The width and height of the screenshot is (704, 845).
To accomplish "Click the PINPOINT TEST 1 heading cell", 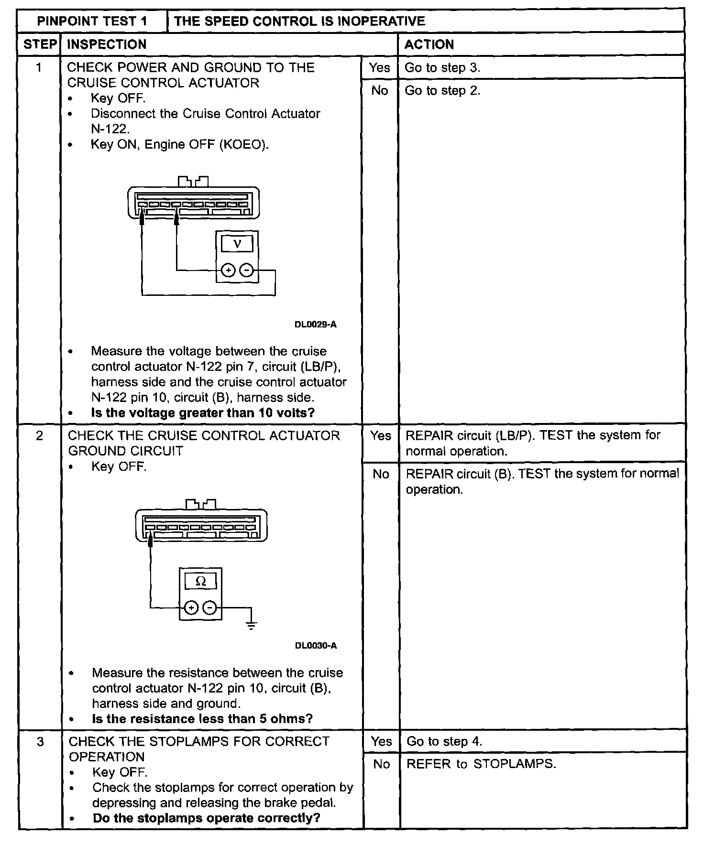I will pos(92,21).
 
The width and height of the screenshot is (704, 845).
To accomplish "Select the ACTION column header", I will pos(429,44).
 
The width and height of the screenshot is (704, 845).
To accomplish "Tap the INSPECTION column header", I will pos(107,44).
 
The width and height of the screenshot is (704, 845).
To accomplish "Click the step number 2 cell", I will pos(39,435).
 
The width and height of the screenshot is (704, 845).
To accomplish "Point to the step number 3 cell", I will pos(40,741).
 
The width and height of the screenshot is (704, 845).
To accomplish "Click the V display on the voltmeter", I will pos(237,244).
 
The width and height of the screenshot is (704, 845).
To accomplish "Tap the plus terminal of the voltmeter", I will pos(229,271).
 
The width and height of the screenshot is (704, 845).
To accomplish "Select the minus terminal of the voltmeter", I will pos(246,271).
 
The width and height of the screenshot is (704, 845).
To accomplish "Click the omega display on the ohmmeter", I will pos(201,581).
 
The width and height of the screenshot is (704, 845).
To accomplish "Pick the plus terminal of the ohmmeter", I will pos(191,608).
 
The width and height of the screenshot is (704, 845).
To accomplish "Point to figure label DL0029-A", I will pos(315,325).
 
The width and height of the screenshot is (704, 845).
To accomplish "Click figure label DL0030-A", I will pos(316,646).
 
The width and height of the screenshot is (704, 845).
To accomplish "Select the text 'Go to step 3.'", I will pos(442,67).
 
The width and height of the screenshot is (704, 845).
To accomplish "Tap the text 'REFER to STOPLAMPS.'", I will pos(481,764).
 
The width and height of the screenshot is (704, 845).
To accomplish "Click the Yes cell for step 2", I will pos(381,435).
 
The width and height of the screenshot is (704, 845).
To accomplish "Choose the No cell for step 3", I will pos(381,764).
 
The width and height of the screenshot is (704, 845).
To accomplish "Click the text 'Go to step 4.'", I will pos(444,741).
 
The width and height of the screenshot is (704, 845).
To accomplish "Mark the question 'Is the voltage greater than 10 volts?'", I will pos(203,412).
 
